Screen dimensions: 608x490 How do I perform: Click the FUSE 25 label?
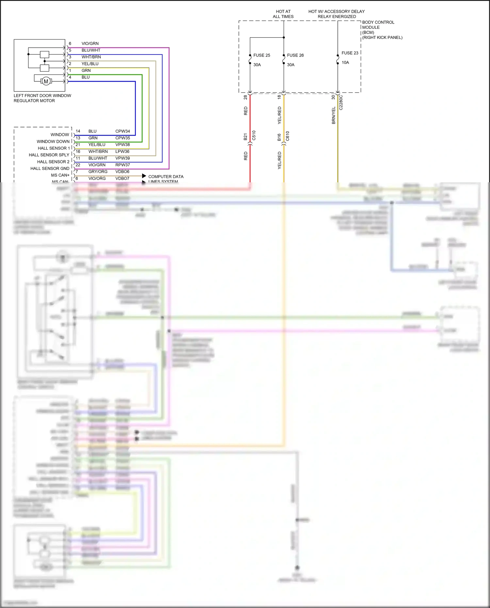pos(261,55)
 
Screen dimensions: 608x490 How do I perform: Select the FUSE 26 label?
pos(295,55)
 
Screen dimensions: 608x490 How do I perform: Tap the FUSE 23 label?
pos(350,53)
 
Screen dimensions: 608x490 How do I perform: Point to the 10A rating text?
pos(345,62)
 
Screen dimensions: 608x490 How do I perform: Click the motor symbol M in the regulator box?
pos(46,81)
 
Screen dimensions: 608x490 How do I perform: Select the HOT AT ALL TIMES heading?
pos(283,14)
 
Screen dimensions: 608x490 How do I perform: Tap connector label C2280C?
pos(341,103)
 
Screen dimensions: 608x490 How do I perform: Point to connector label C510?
pos(254,136)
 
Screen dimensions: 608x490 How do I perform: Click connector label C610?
pos(287,136)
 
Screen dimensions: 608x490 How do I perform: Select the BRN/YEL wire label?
pos(334,115)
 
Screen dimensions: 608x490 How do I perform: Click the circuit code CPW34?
pos(122,131)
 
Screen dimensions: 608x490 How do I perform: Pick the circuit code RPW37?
pos(122,165)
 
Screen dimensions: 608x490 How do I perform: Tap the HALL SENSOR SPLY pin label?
pos(49,155)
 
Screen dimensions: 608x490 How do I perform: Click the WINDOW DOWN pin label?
pos(53,141)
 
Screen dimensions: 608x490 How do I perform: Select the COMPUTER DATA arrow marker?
pos(144,176)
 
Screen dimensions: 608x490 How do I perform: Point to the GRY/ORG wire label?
pos(98,172)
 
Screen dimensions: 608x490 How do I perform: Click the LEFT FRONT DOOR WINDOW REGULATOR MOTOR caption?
pos(42,98)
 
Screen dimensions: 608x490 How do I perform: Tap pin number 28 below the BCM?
pos(246,97)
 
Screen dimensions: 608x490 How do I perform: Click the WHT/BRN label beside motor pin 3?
pos(91,57)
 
